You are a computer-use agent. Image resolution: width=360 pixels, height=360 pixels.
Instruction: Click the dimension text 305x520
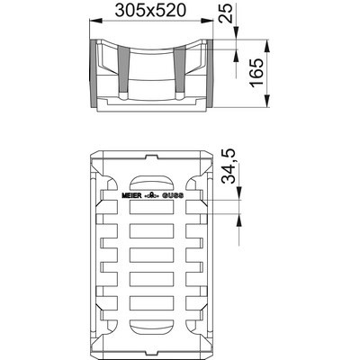point(150,12)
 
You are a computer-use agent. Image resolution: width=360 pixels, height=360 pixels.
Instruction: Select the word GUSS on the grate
point(172,194)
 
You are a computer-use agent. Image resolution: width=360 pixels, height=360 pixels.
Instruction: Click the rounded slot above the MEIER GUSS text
point(151,176)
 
